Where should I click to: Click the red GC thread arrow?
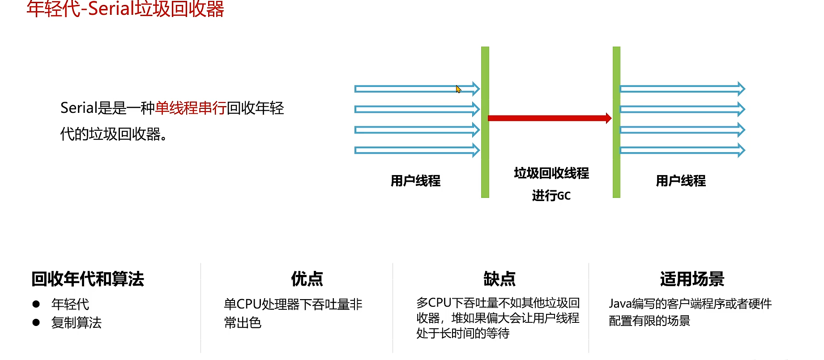point(549,118)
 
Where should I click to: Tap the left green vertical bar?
point(485,122)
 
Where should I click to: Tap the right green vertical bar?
point(616,122)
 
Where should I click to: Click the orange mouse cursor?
point(458,89)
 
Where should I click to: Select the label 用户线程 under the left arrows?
point(415,181)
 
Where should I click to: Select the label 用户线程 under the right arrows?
point(681,181)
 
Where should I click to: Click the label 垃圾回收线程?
point(551,173)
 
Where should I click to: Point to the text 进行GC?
point(551,196)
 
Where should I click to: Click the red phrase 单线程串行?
point(191,108)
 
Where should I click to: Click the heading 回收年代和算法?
point(88,279)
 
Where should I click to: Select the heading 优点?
point(307,279)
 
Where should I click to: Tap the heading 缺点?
point(500,279)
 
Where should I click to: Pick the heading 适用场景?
point(692,279)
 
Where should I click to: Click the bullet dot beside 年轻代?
point(36,304)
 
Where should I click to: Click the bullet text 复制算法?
point(77,322)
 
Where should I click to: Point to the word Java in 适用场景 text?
point(620,304)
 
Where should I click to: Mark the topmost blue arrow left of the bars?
point(416,89)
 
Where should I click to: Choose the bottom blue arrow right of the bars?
point(682,150)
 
